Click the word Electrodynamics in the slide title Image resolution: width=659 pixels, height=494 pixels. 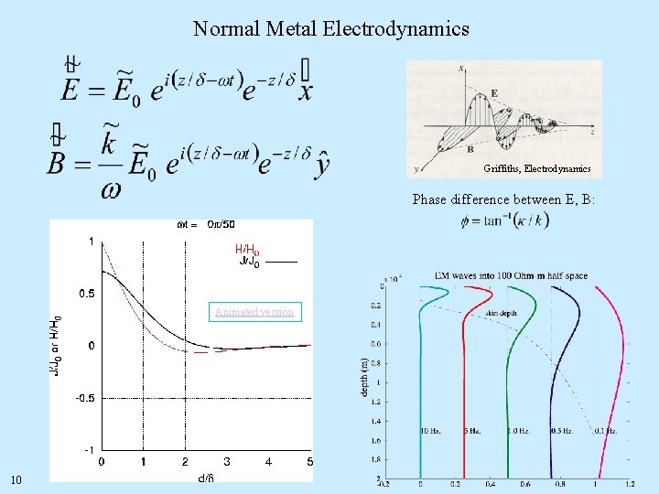point(395,28)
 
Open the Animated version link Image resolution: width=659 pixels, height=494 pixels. point(254,312)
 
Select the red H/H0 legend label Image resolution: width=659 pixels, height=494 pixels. point(247,250)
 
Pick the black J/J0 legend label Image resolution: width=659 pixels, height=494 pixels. point(249,263)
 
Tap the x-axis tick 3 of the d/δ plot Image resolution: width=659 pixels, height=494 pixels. point(227,462)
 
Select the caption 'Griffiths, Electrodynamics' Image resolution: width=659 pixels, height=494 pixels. point(544,168)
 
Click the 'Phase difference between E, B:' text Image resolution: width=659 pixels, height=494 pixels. point(503,199)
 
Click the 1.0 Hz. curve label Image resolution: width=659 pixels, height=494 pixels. point(519,430)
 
